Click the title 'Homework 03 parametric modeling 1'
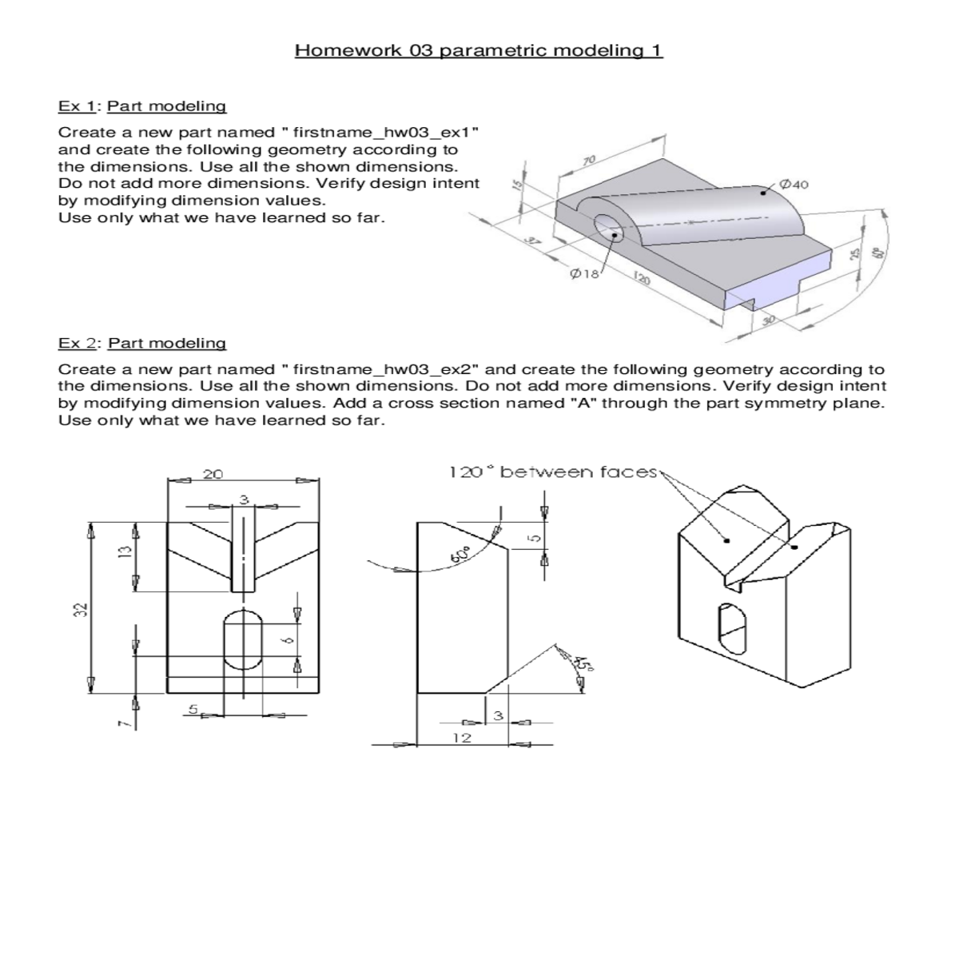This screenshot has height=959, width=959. click(x=479, y=51)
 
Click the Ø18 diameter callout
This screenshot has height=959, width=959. click(x=584, y=274)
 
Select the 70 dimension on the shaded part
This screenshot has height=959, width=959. click(x=589, y=160)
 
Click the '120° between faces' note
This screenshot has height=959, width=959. click(x=553, y=472)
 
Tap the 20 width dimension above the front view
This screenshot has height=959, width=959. click(x=213, y=475)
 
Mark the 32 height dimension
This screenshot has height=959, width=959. click(x=77, y=609)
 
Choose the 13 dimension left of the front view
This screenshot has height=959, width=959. click(x=123, y=553)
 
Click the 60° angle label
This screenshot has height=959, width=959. click(x=462, y=551)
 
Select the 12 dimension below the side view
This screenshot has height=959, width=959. click(x=462, y=738)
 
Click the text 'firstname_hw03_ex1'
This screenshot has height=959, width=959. click(x=384, y=133)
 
